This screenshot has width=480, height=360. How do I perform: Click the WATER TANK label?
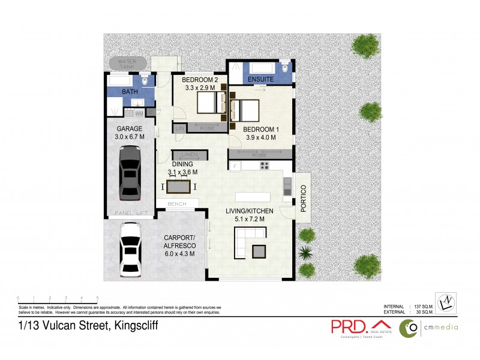click(127, 64)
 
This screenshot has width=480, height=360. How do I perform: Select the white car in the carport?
click(130, 250)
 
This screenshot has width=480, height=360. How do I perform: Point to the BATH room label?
click(130, 92)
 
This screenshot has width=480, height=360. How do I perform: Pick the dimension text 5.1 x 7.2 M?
click(250, 220)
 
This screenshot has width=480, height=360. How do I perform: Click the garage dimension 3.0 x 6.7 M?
click(130, 137)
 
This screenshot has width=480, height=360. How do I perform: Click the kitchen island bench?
click(253, 197)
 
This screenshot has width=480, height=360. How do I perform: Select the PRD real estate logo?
click(358, 326)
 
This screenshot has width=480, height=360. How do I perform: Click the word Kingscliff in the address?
click(132, 326)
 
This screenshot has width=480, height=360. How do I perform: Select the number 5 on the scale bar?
click(97, 298)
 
